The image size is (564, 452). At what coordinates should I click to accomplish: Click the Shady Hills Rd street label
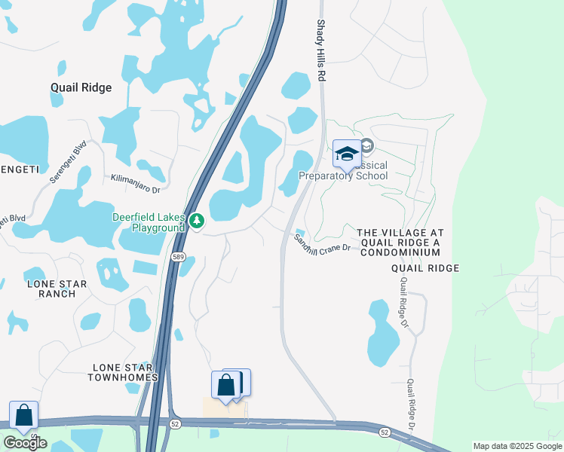321,51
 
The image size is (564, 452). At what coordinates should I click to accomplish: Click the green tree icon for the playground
197,221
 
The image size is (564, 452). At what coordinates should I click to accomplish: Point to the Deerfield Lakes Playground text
149,222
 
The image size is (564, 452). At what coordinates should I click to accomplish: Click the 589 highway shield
177,257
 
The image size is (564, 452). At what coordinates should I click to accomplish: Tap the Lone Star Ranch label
57,289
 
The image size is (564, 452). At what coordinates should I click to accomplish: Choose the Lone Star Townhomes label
124,372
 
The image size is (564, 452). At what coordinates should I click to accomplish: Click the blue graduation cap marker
347,154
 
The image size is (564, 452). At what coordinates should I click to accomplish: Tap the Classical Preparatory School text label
344,171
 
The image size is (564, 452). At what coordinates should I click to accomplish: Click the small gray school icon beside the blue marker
367,145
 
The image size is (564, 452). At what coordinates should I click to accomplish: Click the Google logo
25,443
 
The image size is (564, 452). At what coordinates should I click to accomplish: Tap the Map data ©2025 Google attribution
517,446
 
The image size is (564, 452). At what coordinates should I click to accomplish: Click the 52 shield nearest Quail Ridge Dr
385,432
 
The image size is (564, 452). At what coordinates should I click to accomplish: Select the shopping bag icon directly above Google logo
23,415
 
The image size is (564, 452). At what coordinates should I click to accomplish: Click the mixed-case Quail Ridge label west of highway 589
81,87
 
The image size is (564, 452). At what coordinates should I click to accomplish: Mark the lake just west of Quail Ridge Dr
384,332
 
